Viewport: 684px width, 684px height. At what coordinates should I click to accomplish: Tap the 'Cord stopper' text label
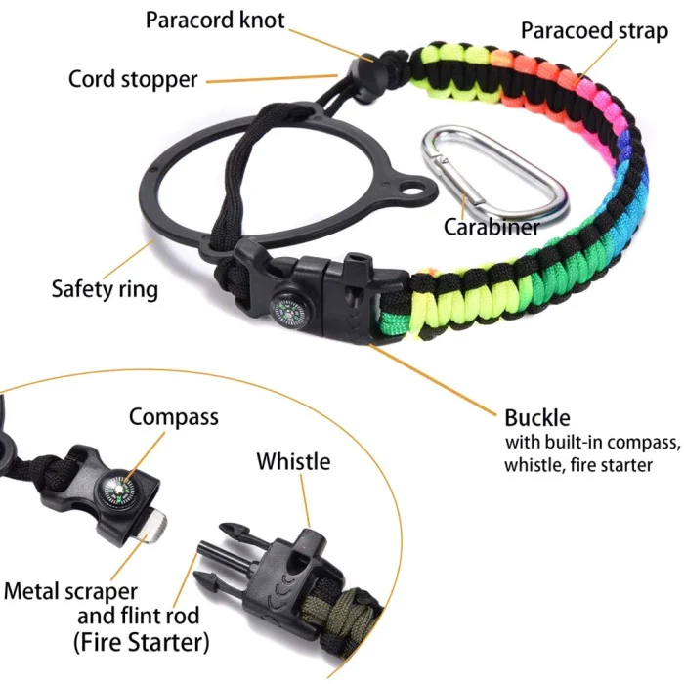tap(133, 78)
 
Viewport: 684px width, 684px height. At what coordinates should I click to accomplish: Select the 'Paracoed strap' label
tap(594, 29)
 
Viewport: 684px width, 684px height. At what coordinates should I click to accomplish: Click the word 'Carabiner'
tap(492, 227)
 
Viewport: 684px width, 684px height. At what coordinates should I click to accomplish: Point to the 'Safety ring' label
tap(105, 289)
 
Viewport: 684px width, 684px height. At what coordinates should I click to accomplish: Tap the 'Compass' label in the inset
tap(174, 417)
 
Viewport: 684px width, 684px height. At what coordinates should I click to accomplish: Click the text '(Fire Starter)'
tap(148, 642)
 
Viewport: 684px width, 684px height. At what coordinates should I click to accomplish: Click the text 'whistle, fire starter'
tap(577, 465)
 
